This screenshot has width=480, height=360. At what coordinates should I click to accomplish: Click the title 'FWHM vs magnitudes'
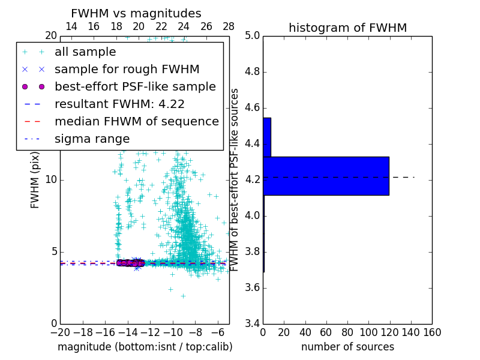click(x=136, y=14)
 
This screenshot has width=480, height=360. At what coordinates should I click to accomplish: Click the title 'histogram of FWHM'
click(x=347, y=28)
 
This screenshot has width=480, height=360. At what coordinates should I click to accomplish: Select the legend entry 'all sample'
click(x=85, y=52)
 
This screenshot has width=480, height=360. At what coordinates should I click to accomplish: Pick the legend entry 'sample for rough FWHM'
click(x=127, y=70)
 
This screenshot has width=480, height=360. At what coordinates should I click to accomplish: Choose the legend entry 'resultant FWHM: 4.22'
click(x=119, y=104)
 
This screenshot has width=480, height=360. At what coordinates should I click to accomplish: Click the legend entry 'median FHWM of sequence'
click(x=136, y=122)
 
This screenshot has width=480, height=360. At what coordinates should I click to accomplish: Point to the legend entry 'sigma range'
click(x=92, y=139)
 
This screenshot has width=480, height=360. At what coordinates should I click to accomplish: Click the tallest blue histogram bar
click(x=326, y=176)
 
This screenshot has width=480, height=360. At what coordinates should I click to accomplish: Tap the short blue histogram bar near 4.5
click(x=267, y=137)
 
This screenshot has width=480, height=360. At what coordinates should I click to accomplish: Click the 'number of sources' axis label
click(x=347, y=347)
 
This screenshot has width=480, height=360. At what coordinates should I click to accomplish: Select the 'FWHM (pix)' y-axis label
click(x=35, y=180)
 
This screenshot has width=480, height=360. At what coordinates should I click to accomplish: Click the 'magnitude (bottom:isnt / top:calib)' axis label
click(x=145, y=347)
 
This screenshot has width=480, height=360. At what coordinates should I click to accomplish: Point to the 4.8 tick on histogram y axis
click(x=252, y=72)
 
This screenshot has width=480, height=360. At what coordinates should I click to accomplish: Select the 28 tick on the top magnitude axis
click(x=229, y=26)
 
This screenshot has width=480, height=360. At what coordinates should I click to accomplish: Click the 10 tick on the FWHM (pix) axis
click(x=51, y=180)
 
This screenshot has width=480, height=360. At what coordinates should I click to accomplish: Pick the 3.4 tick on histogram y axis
click(x=252, y=324)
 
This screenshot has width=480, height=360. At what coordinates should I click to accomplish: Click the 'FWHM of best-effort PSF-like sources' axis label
click(x=235, y=180)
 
